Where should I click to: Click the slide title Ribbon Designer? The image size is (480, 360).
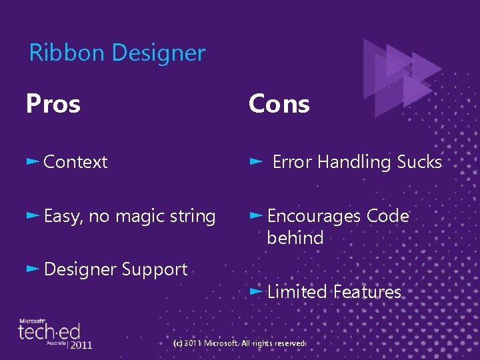point(117,53)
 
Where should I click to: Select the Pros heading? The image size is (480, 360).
point(53,104)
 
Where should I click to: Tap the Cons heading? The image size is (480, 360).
point(279,104)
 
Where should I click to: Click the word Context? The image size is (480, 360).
point(75,162)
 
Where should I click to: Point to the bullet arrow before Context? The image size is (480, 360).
point(32,161)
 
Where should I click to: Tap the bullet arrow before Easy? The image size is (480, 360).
point(32,215)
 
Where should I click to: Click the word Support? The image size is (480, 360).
point(155,270)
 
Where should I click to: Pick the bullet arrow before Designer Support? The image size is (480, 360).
point(32,269)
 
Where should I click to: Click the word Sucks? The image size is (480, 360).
point(419,162)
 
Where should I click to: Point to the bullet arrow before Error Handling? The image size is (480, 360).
point(255,161)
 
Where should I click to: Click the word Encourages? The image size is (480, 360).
point(313,217)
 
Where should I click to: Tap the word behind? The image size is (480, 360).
point(295,238)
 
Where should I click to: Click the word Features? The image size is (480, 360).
point(367,292)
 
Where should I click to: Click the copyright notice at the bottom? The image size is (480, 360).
point(238,343)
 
